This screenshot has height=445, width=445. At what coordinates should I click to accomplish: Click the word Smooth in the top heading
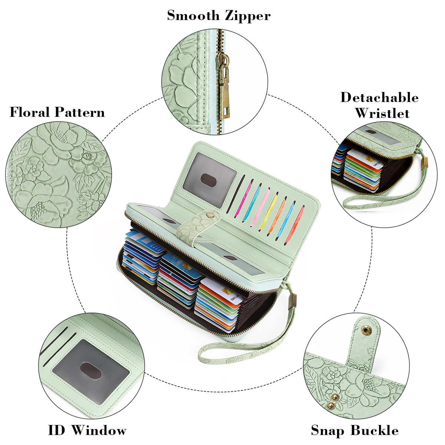[x=193, y=16]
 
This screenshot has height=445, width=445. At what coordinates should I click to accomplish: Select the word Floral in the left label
[x=30, y=112]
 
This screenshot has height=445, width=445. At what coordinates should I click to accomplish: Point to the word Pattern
[x=80, y=112]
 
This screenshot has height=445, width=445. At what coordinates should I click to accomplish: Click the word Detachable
[x=379, y=97]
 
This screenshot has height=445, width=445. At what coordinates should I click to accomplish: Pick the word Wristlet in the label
[x=382, y=113]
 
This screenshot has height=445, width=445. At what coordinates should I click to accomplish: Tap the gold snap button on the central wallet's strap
[x=210, y=215]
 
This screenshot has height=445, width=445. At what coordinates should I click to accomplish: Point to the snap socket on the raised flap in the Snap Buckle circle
[x=365, y=330]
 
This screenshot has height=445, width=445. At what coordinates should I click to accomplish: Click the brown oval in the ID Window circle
[x=91, y=370]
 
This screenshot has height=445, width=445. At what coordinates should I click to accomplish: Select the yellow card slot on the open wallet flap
[x=268, y=212]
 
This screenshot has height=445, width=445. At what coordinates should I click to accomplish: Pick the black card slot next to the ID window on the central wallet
[x=236, y=194]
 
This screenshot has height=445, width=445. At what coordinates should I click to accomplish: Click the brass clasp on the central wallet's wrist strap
[x=293, y=301]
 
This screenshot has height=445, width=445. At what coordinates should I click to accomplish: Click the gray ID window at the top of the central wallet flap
[x=210, y=179]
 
